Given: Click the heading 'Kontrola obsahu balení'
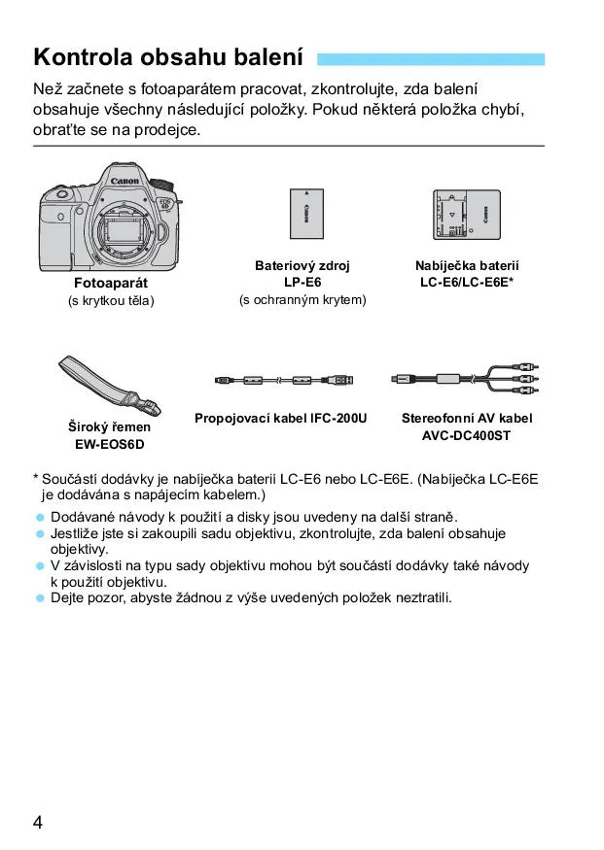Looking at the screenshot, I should point(168,56).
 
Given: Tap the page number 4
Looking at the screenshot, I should point(38,823).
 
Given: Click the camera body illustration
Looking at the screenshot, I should point(111,219).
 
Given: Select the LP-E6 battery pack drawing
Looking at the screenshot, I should point(302,215).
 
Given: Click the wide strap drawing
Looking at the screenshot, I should point(111,384).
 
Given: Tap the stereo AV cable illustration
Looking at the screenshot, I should point(464,378).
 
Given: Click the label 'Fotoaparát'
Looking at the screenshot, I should point(111,283).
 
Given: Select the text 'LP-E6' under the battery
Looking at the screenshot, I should point(302,282).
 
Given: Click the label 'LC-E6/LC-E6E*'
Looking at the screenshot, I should point(467,282).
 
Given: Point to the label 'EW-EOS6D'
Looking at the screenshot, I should point(110,444).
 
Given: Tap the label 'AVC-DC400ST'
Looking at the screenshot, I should point(467,435).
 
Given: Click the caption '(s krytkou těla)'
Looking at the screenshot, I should point(111,300).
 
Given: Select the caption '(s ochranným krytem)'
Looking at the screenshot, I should point(302,300).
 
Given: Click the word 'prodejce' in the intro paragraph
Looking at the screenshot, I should point(167,128).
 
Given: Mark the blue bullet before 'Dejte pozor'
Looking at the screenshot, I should point(41,597).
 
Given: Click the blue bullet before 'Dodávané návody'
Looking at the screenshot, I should point(41,518).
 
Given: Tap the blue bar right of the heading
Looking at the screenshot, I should point(430,58).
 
